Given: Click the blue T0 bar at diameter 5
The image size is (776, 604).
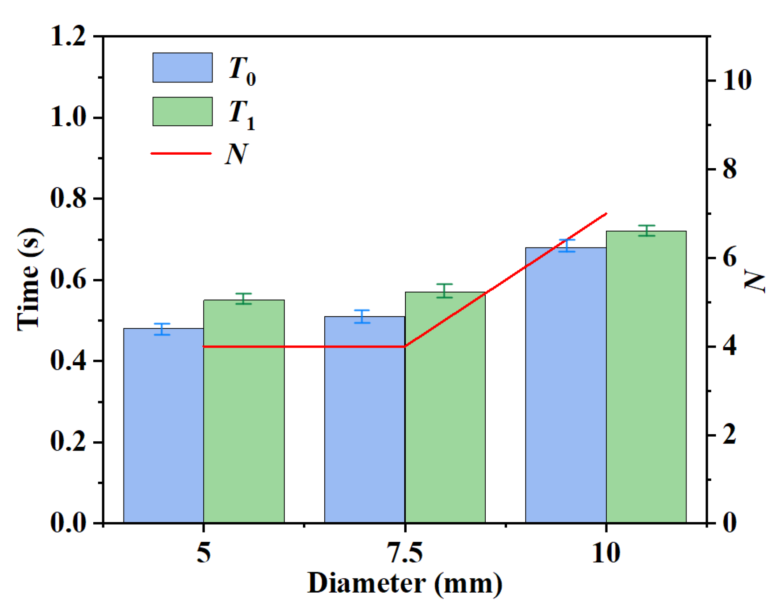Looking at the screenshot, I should tap(163, 425).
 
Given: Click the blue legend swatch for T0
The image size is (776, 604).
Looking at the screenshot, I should tap(182, 68).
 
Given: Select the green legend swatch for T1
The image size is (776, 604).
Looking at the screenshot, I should tap(182, 111).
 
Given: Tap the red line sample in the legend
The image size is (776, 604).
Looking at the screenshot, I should tap(181, 153).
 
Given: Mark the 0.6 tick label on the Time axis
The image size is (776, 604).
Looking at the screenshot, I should tap(68, 280).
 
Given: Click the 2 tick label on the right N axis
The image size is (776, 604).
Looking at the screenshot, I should tap(729, 435).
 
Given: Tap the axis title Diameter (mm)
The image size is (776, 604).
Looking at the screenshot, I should tap(405, 584).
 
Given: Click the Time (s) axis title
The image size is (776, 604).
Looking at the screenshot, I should tap(29, 280).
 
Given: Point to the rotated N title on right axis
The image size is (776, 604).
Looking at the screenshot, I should tap(755, 280).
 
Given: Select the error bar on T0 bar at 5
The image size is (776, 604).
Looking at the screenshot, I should tap(162, 329).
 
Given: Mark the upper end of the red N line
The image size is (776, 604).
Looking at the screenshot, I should tap(606, 214).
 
